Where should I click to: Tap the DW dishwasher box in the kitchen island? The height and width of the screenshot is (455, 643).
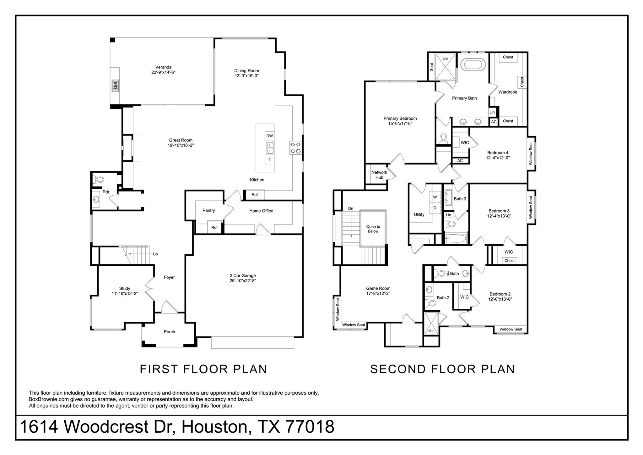[x=270, y=136]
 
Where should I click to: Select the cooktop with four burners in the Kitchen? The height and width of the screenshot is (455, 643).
[x=295, y=148]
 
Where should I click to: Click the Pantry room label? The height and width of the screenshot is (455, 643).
[x=208, y=210]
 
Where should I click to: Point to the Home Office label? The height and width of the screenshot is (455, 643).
[x=261, y=211]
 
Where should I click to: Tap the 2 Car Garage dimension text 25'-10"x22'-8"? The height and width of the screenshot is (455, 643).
[x=243, y=281]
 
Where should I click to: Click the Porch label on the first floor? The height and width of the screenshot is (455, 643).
[x=169, y=332]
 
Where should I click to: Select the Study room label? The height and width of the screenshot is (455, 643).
[x=125, y=288]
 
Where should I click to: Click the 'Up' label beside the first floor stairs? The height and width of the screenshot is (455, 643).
[x=155, y=254]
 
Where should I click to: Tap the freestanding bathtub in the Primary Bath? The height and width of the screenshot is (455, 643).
[x=473, y=65]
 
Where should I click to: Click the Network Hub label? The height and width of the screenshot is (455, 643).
[x=379, y=175]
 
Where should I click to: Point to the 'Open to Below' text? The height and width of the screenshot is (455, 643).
[x=373, y=229]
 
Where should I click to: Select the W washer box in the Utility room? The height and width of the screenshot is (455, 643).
[x=435, y=197]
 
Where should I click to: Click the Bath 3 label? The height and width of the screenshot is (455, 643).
[x=460, y=199]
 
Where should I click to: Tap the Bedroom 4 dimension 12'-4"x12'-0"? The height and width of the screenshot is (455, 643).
[x=498, y=158]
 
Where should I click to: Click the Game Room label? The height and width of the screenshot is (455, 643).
[x=378, y=288]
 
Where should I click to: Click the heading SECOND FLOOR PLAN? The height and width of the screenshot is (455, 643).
[x=442, y=369]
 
